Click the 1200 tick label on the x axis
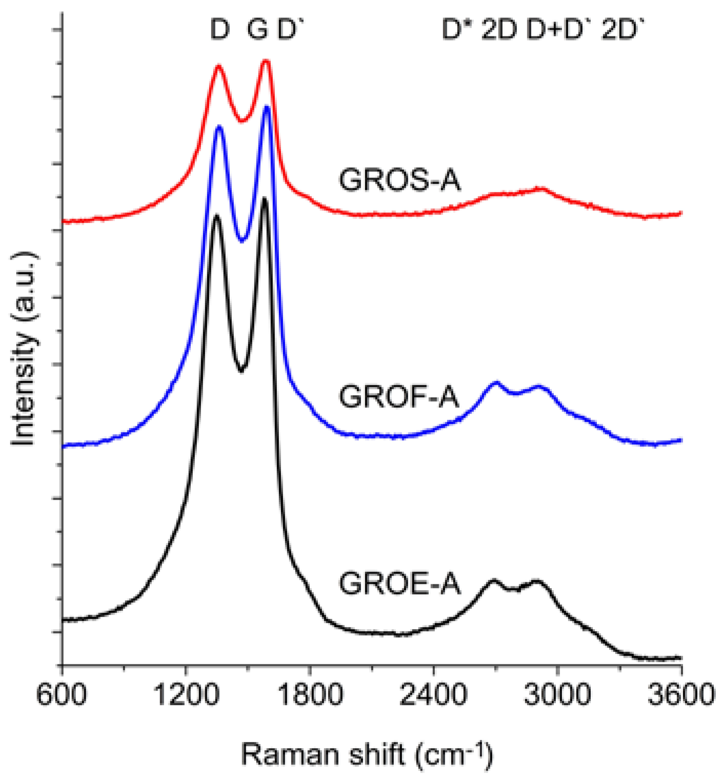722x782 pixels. click(185, 697)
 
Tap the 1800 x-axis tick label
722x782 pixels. click(309, 697)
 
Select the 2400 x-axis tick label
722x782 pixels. click(433, 697)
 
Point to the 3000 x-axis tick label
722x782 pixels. click(557, 697)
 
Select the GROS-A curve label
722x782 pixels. click(399, 181)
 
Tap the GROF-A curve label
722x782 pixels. click(399, 398)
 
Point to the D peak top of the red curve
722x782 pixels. click(219, 66)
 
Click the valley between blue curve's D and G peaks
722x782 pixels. click(243, 240)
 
